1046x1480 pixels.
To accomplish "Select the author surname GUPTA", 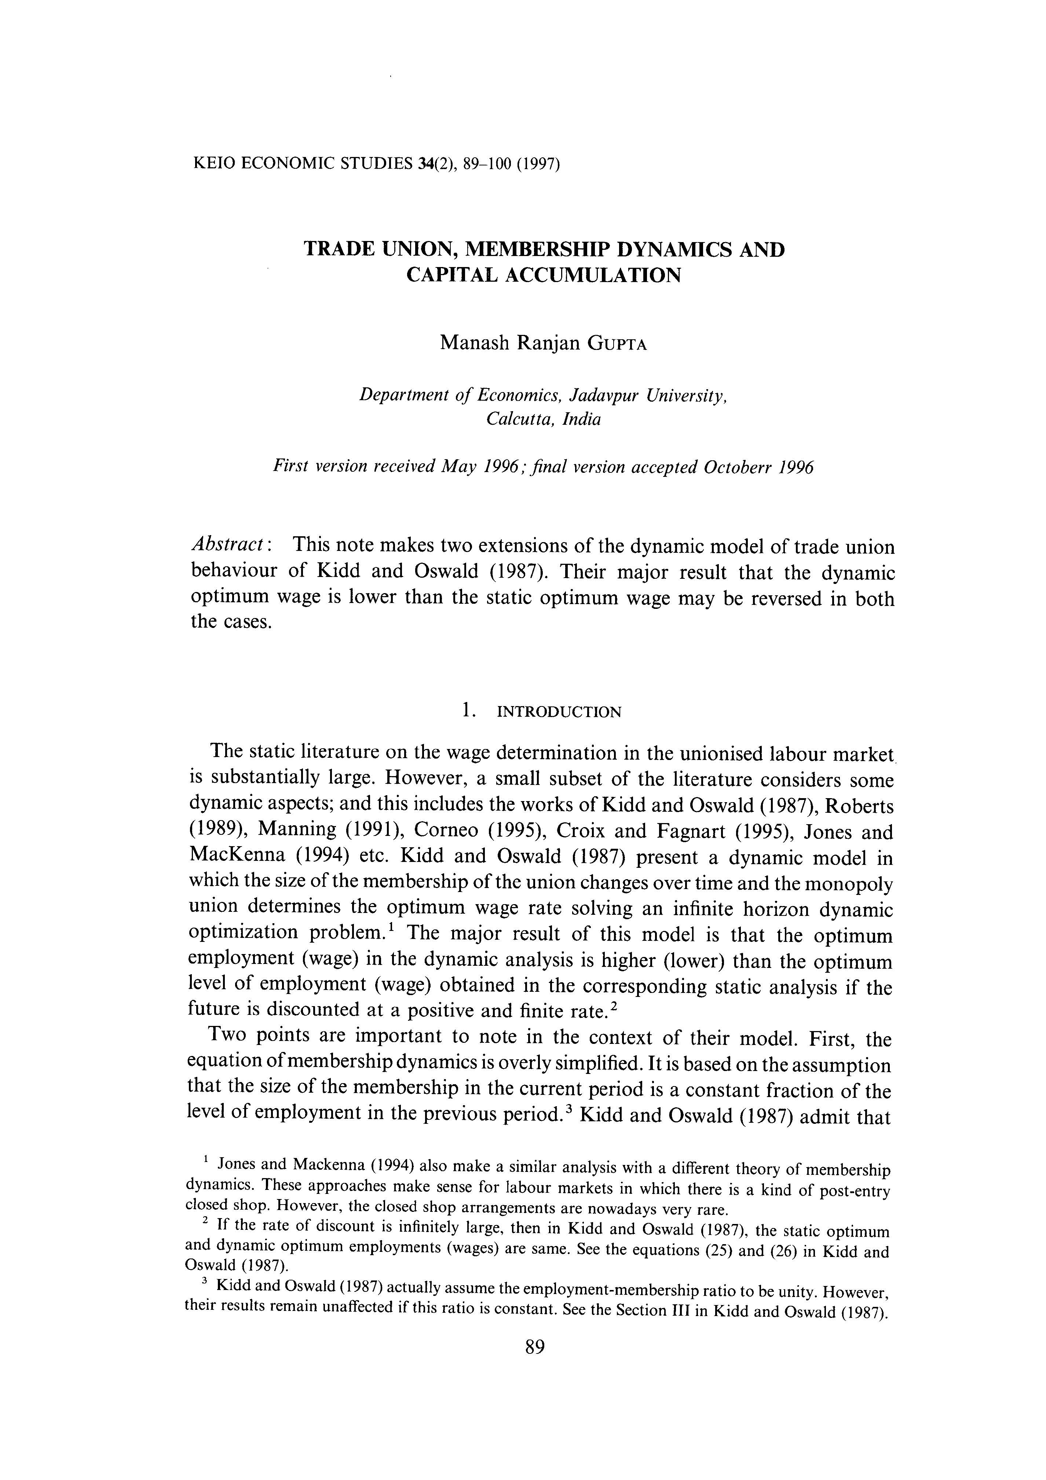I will click(x=617, y=344).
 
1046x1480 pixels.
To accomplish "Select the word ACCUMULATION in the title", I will click(x=593, y=275).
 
